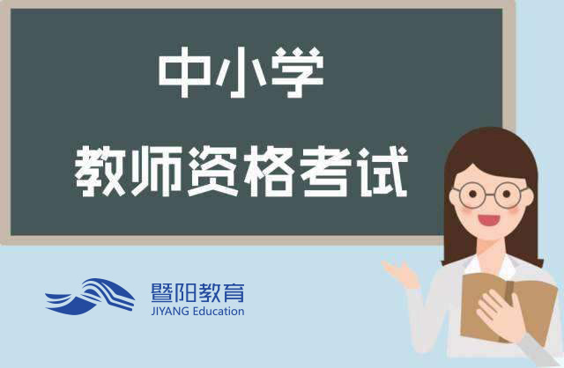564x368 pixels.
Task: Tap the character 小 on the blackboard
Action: tap(241, 72)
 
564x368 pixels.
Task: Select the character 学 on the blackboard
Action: tap(298, 72)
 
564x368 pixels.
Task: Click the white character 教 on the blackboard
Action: tap(100, 171)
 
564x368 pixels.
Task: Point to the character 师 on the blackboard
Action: tap(157, 171)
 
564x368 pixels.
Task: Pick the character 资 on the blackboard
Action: tap(213, 171)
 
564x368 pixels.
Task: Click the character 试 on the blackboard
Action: tap(382, 171)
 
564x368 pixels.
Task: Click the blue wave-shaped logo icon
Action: tap(90, 297)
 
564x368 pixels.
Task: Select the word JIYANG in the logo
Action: tap(170, 311)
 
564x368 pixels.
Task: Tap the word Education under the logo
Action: tap(219, 311)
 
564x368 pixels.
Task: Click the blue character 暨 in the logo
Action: tap(162, 292)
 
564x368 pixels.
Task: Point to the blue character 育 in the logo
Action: tap(233, 292)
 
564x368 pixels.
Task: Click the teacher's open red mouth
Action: tap(488, 220)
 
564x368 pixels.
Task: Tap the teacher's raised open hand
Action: tap(401, 274)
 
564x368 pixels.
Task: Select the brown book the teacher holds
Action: tap(508, 308)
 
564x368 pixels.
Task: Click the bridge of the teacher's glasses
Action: tap(490, 195)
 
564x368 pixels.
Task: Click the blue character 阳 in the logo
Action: tap(186, 292)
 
